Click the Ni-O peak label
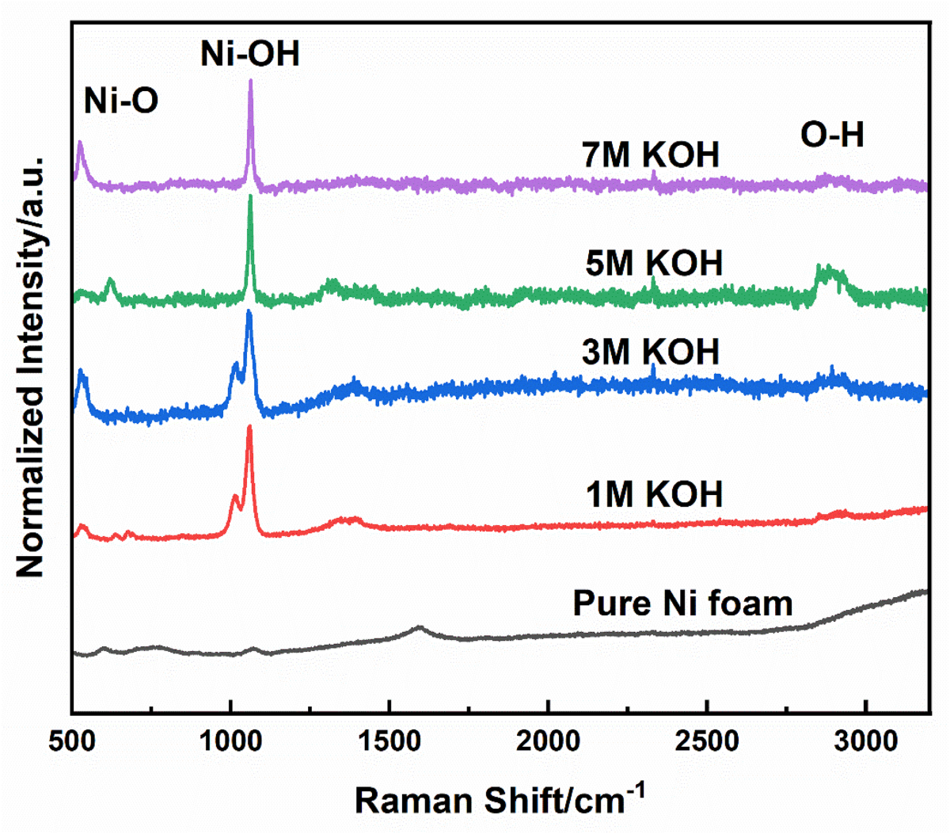121,101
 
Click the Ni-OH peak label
249,54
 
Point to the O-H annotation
832,135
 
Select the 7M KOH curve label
651,155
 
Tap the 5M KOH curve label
654,263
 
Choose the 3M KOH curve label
651,352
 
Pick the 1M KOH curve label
654,494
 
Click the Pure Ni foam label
682,604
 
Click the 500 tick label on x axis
73,742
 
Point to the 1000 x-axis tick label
230,742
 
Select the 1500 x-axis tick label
389,742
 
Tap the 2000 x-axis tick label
548,742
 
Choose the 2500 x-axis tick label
707,742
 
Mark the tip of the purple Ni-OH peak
250,81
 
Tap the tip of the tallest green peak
250,196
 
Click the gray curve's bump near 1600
420,628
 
